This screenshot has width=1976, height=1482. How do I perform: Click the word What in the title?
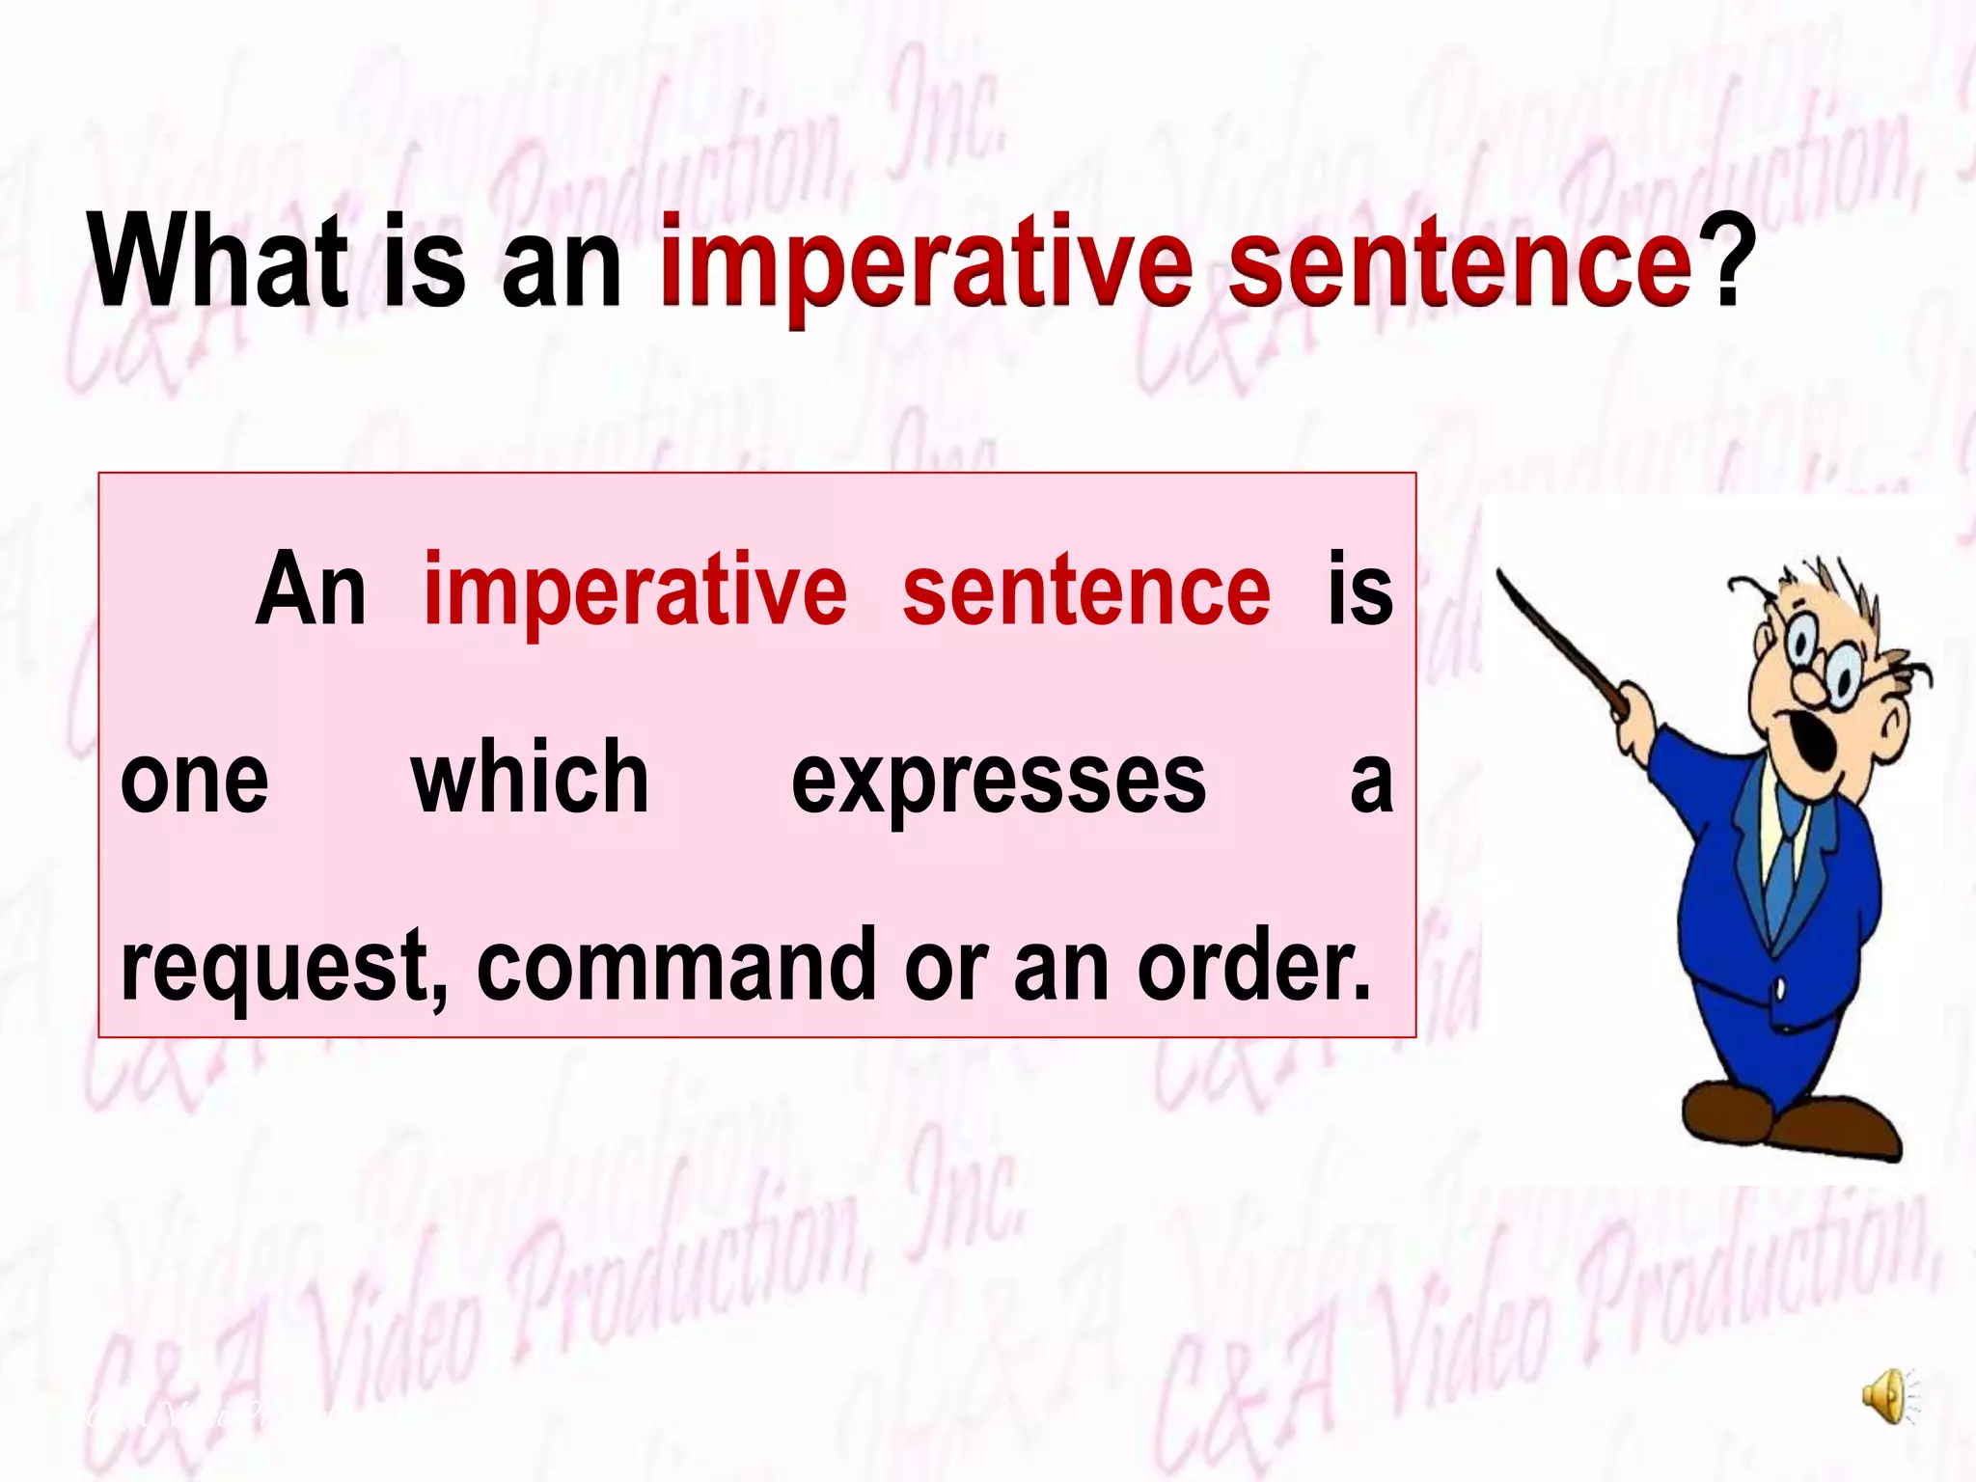(x=218, y=262)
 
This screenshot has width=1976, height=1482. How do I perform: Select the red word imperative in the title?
(x=926, y=265)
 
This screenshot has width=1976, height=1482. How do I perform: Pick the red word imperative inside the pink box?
(x=635, y=590)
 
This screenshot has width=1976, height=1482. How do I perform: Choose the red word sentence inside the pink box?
(x=1086, y=590)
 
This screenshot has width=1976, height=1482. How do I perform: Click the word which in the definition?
(x=530, y=778)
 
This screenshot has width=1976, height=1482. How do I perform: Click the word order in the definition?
(x=1254, y=965)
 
